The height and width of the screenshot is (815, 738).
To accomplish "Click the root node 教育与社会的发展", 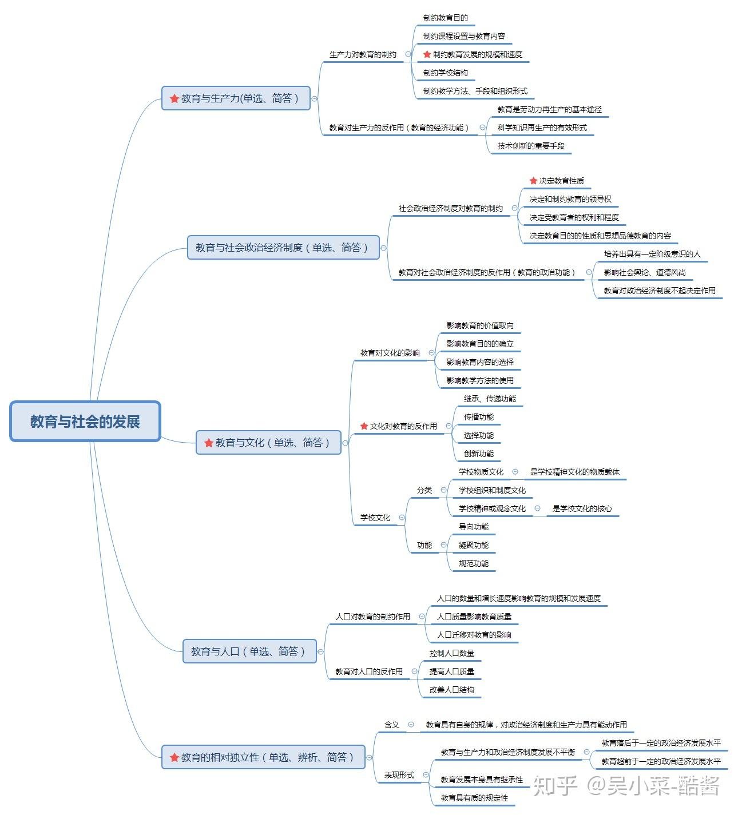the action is click(85, 422).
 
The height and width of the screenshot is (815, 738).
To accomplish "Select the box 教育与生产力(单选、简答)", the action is click(236, 98).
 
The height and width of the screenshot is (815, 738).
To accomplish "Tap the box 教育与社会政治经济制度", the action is click(283, 247).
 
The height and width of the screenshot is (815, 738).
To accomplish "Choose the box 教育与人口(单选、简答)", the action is click(249, 651).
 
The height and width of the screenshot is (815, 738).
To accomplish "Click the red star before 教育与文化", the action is click(209, 443).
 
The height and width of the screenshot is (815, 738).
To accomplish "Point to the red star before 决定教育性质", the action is click(534, 180).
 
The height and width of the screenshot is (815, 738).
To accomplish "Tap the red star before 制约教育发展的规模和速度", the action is click(427, 54).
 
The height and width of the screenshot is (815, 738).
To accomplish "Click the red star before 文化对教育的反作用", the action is click(364, 426).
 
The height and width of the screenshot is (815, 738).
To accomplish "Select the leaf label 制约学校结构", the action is click(446, 73).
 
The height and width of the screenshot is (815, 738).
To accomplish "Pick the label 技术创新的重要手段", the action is click(531, 146).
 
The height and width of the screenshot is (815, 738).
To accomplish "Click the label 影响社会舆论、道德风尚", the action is click(645, 272).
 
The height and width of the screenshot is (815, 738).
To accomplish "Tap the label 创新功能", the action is click(479, 454).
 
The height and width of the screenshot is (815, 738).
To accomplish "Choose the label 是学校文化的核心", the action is click(582, 508).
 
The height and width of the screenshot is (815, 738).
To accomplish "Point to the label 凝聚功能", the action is click(474, 545).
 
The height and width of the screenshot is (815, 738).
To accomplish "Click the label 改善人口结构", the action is click(451, 689).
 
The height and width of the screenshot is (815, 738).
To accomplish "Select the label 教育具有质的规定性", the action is click(474, 797).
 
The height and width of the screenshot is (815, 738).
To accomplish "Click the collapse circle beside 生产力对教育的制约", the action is click(408, 54).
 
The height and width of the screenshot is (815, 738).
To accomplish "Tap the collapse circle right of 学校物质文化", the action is click(515, 471).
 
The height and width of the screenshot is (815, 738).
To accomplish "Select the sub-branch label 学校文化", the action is click(375, 517).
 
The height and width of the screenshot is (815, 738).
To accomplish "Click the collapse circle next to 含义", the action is click(411, 724).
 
